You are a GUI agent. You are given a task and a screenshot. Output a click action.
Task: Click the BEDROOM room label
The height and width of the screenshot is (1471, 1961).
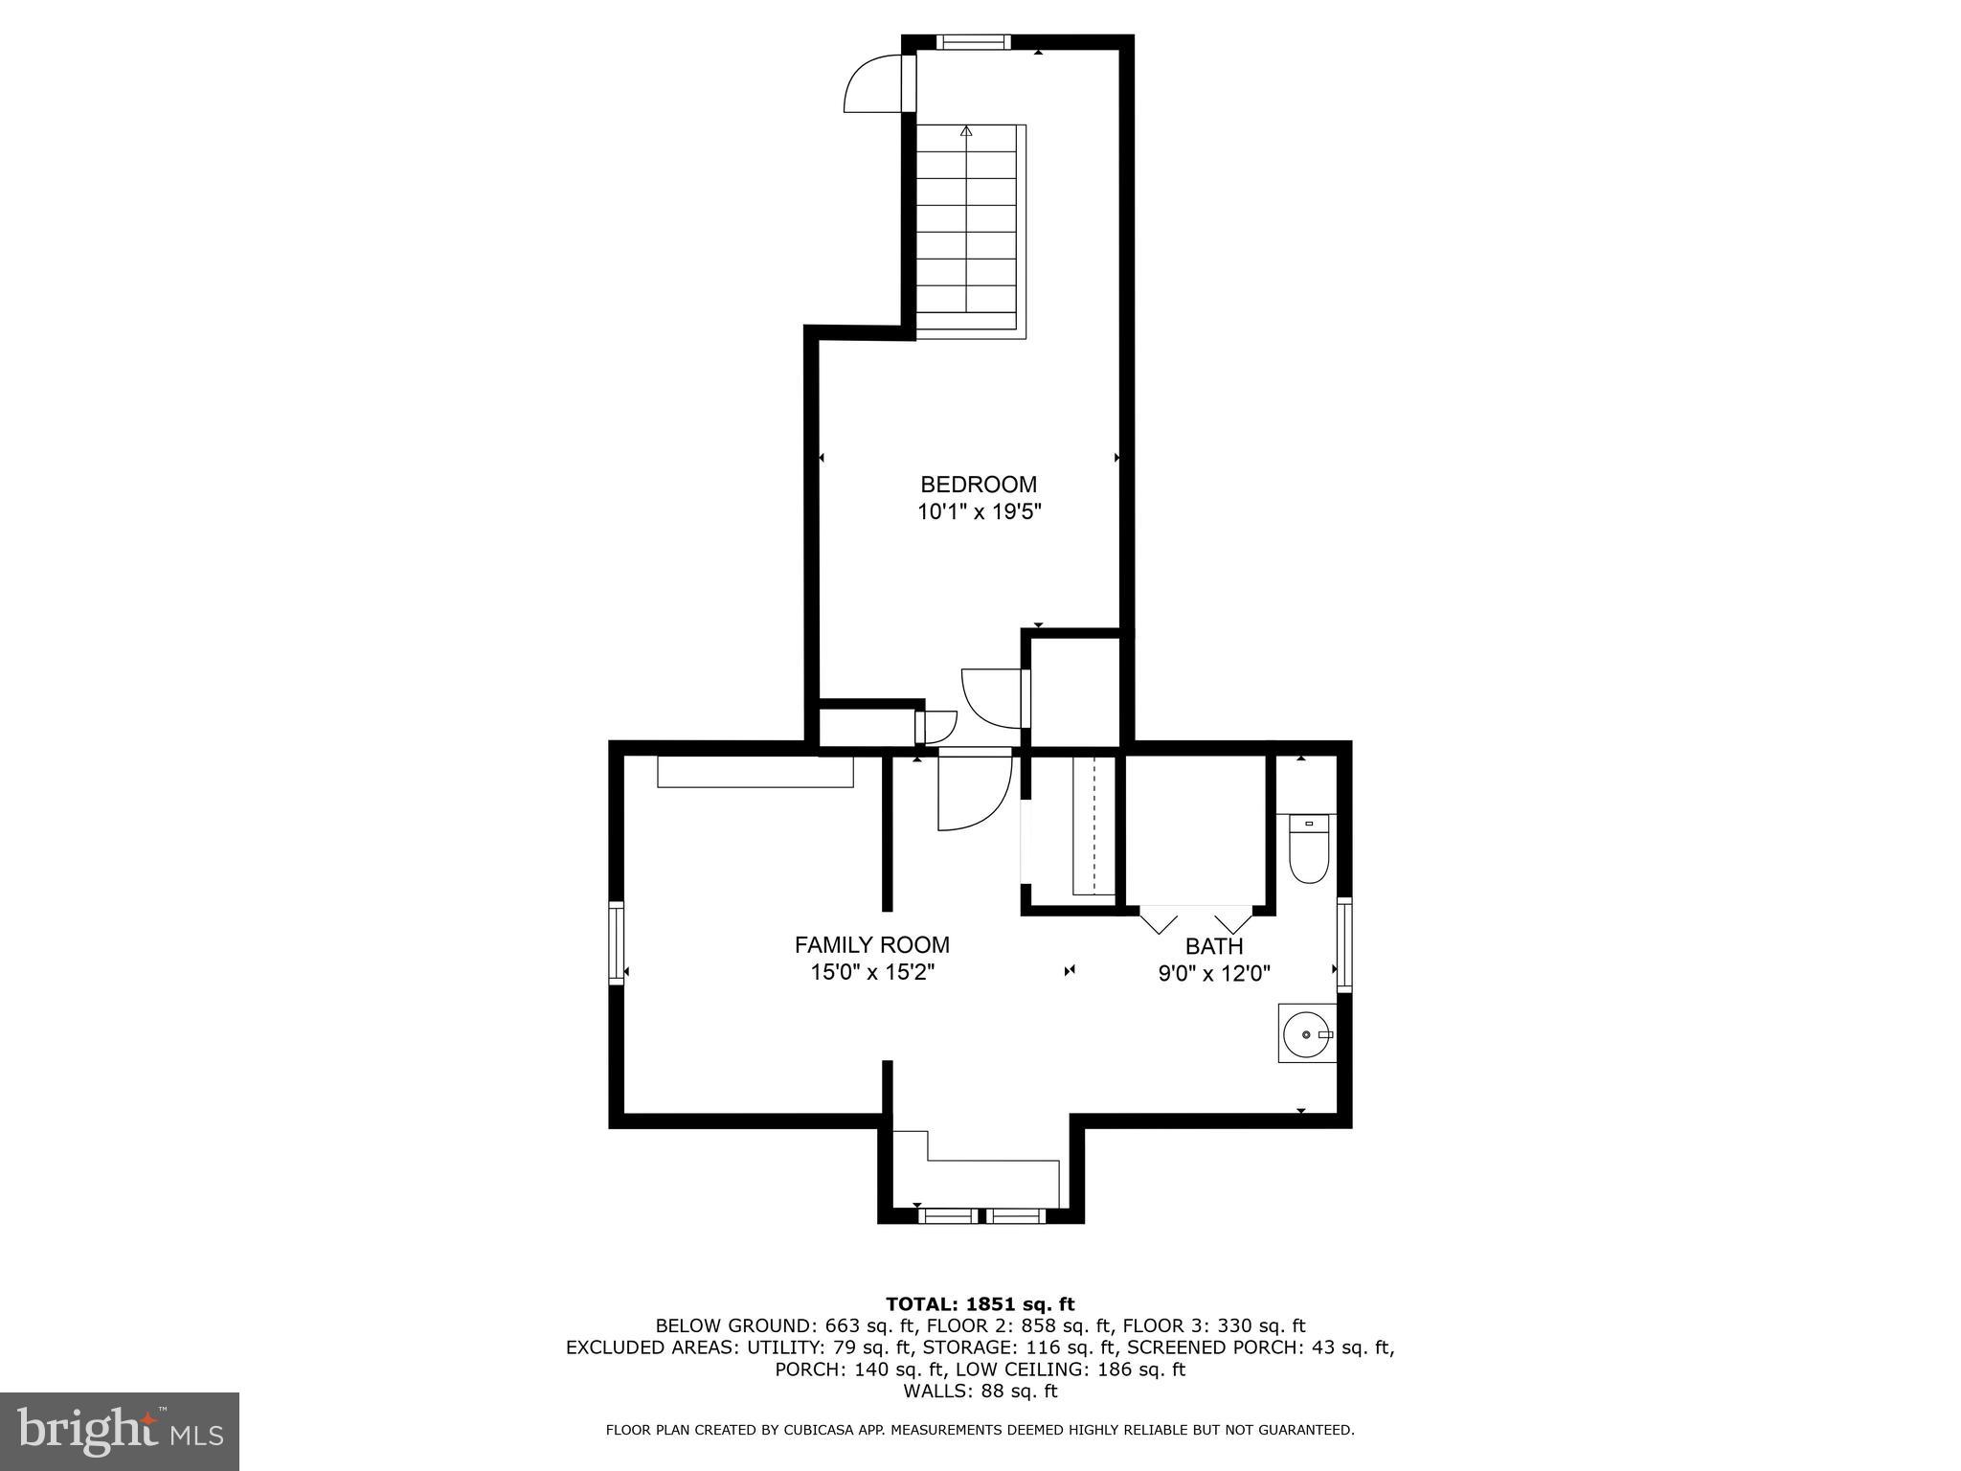[x=978, y=485]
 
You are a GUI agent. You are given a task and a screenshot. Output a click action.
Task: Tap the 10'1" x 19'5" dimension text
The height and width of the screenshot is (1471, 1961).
[x=978, y=512]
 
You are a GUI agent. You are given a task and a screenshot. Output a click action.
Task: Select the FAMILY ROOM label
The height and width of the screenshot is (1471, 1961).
[x=871, y=945]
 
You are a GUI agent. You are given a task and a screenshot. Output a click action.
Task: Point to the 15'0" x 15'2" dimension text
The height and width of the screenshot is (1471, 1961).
[x=871, y=973]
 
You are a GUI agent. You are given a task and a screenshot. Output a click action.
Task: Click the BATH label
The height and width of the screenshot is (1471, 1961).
[x=1213, y=946]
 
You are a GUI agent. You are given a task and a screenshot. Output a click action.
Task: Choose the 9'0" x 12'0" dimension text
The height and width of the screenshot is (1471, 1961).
[x=1213, y=974]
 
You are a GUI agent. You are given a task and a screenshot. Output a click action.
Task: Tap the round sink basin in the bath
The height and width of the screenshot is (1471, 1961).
[x=1305, y=1035]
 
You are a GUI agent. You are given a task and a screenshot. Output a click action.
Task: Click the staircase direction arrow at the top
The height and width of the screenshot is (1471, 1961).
[x=966, y=131]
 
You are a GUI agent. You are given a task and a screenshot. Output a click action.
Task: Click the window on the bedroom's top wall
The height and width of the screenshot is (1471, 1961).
[x=973, y=41]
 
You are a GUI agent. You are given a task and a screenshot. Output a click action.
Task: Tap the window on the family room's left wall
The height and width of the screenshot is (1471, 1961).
[x=617, y=942]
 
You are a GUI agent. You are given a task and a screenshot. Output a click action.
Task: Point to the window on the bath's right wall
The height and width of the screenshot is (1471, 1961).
[x=1344, y=943]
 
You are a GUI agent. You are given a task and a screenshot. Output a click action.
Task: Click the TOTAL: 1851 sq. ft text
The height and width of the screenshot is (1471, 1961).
[x=980, y=1304]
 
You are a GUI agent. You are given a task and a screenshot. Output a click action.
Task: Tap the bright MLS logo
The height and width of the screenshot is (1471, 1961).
[x=120, y=1431]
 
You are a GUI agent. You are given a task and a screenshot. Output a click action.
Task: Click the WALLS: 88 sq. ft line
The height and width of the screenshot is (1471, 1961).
[x=980, y=1391]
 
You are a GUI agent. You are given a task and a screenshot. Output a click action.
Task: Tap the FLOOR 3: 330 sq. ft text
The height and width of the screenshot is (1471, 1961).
[x=1213, y=1326]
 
